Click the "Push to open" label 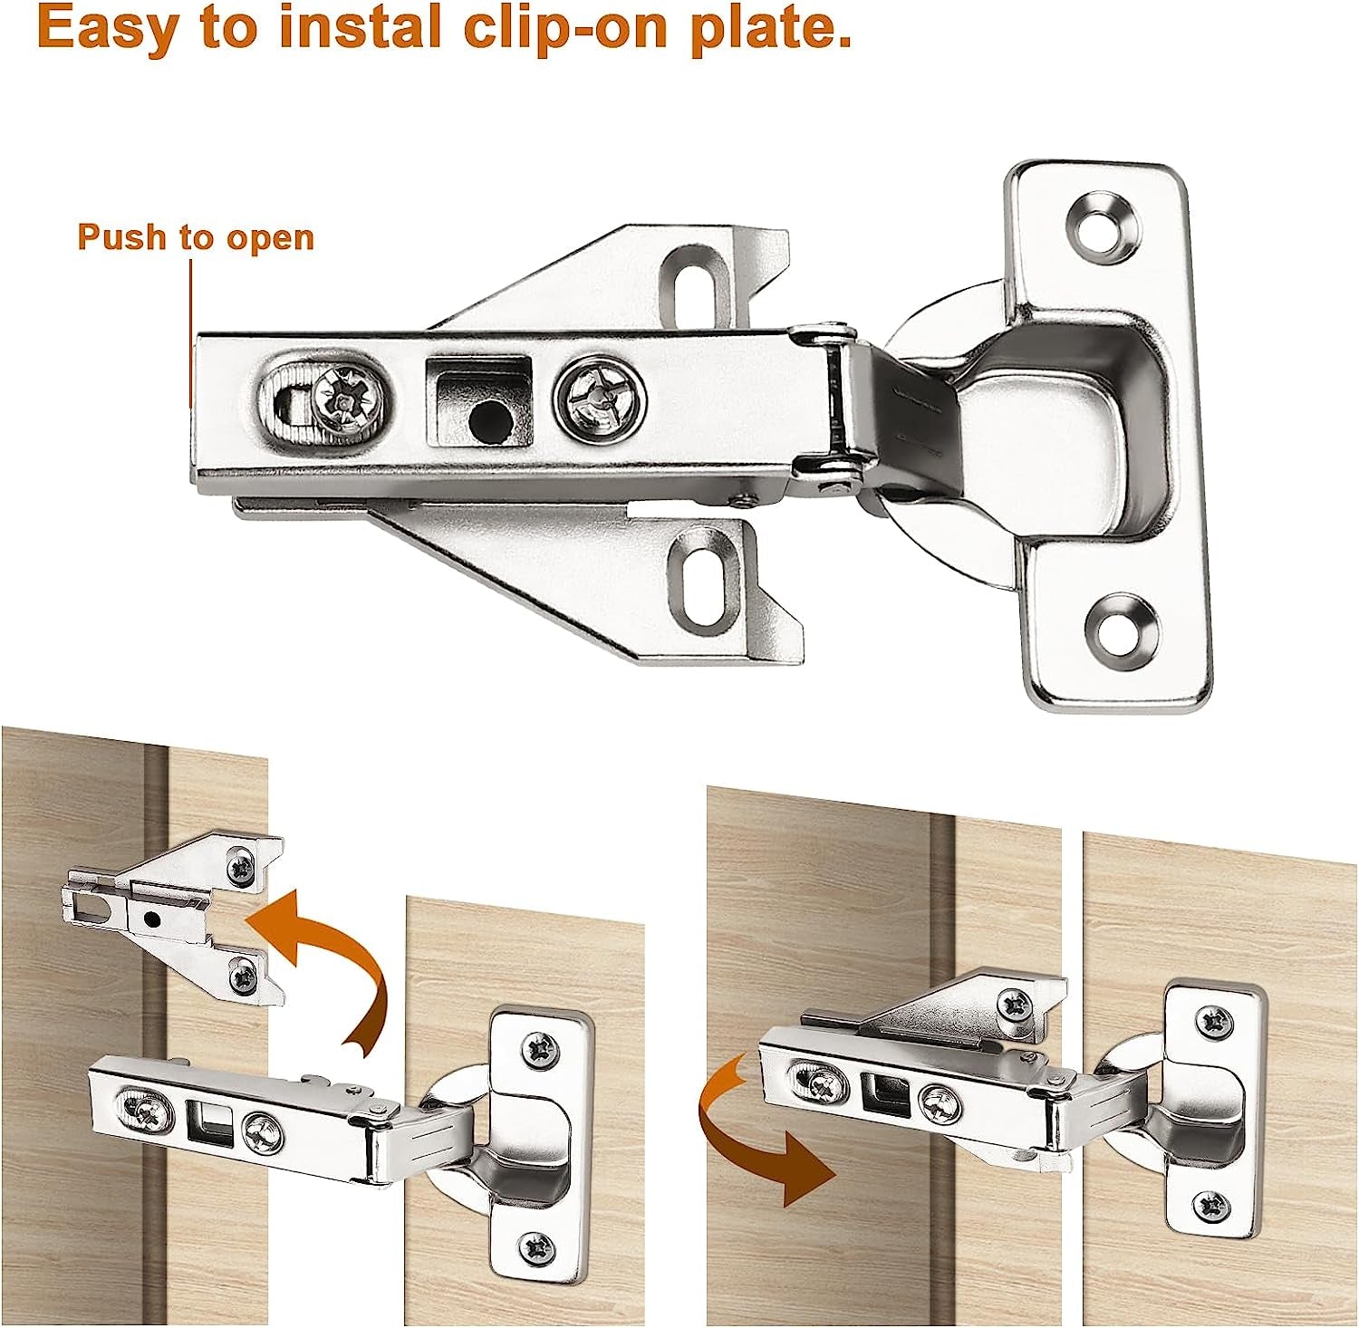196,237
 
